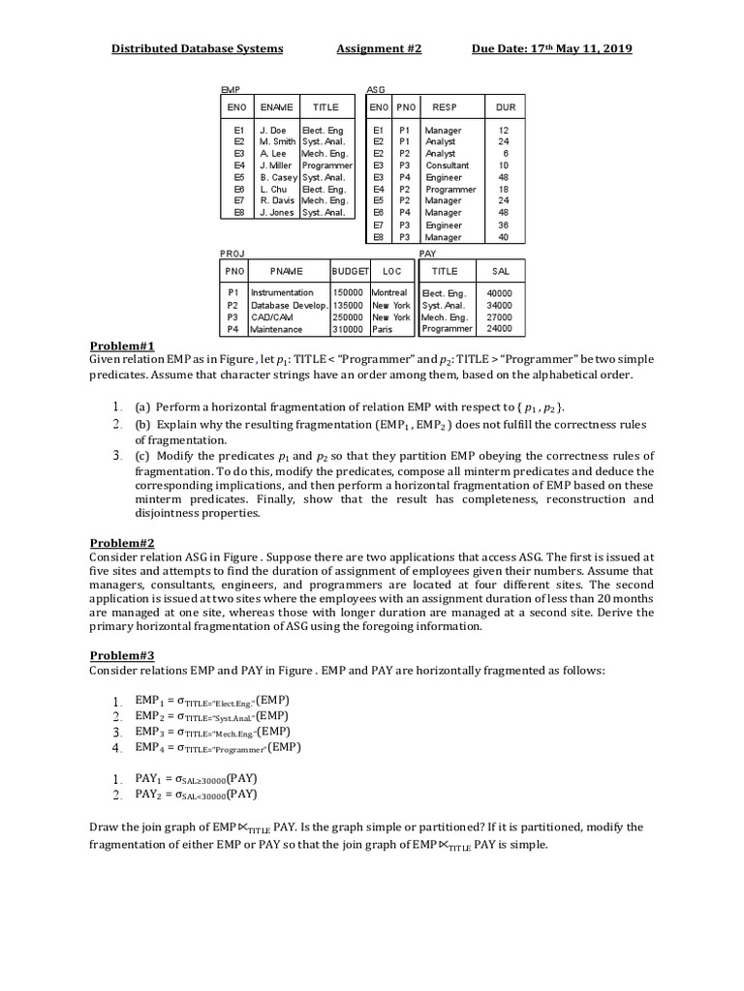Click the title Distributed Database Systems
tap(197, 48)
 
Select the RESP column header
tap(445, 107)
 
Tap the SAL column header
tap(500, 272)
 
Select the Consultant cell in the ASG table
tap(447, 165)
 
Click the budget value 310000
tap(348, 329)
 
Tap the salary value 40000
tap(500, 292)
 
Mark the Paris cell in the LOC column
tap(383, 329)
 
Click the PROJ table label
tap(232, 253)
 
